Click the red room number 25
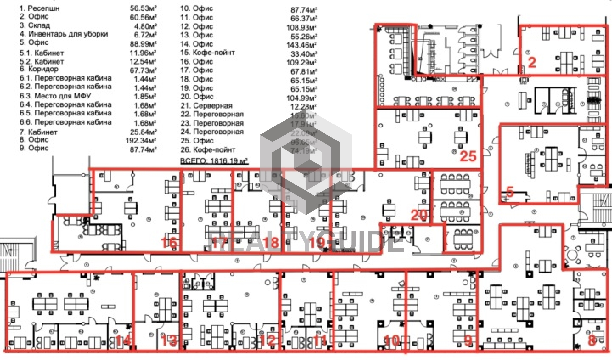tap(468, 156)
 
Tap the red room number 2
tap(532, 62)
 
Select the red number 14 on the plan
tap(123, 341)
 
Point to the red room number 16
tap(169, 243)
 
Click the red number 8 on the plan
tap(592, 340)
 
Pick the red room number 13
tap(169, 341)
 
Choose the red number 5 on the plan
tap(510, 192)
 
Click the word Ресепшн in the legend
tap(43, 8)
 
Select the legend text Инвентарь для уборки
tap(68, 34)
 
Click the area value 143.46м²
tap(302, 44)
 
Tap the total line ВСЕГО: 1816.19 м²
tap(214, 161)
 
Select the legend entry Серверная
tap(212, 106)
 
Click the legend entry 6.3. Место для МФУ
tap(55, 96)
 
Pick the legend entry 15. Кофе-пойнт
tap(208, 53)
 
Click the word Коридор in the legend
tap(43, 69)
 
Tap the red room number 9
tap(468, 340)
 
